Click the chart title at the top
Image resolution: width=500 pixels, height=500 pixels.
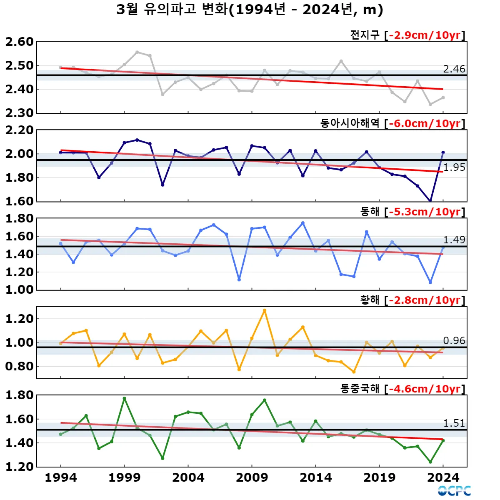(250, 10)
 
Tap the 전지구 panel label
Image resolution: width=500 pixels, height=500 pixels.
(365, 35)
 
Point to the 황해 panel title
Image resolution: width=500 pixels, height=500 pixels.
(370, 300)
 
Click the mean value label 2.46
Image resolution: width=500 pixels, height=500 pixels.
(454, 69)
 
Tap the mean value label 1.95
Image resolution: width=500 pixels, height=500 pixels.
(454, 167)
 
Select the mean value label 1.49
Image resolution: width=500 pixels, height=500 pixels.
(454, 240)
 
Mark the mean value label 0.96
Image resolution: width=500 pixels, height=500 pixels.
(454, 340)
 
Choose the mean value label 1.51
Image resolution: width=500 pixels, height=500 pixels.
(454, 423)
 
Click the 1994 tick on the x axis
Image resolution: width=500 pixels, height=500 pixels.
(61, 477)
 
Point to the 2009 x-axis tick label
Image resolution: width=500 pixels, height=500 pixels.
(252, 477)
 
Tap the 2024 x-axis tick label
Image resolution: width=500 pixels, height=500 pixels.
(443, 477)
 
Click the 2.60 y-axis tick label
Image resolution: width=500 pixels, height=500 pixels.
(19, 42)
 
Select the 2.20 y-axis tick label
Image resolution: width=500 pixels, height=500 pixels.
(19, 130)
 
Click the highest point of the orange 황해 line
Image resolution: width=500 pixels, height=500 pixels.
(265, 310)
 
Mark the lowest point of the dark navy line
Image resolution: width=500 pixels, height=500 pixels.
(430, 201)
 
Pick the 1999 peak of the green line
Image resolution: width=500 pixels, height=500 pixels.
(124, 398)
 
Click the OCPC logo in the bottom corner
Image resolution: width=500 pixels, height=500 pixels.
(454, 491)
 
